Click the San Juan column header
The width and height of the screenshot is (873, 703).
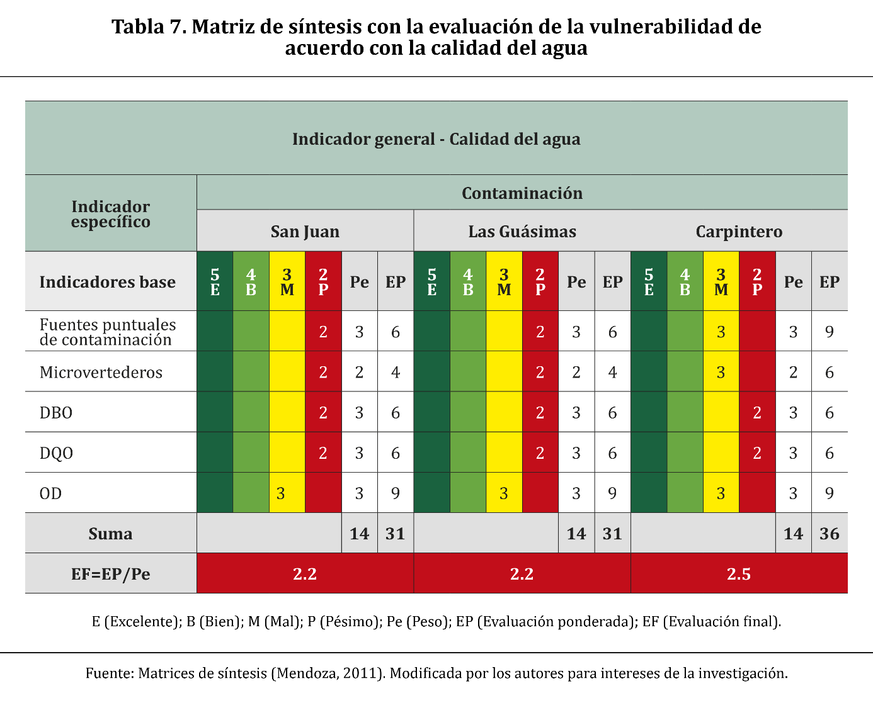click(x=305, y=232)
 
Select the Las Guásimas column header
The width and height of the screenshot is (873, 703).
click(x=522, y=232)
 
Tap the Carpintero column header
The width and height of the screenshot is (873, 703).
click(x=739, y=232)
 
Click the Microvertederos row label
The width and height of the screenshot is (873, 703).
click(x=101, y=372)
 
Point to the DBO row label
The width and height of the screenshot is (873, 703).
click(x=56, y=413)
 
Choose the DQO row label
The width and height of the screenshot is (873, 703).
click(x=57, y=453)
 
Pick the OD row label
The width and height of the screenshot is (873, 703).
click(x=51, y=493)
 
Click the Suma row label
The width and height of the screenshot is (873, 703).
click(x=110, y=534)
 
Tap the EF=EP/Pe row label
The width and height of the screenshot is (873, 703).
click(x=110, y=574)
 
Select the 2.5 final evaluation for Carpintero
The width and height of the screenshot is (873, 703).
click(x=739, y=574)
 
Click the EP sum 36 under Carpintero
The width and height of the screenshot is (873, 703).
click(x=829, y=534)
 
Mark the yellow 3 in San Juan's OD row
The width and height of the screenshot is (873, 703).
click(x=280, y=493)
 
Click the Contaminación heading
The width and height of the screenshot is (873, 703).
click(x=522, y=193)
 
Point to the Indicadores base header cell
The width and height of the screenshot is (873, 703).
click(x=108, y=282)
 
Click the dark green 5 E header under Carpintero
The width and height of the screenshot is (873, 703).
click(x=649, y=282)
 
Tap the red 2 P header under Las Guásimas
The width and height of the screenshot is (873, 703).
click(x=540, y=282)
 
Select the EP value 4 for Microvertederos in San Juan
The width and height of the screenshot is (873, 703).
click(x=396, y=372)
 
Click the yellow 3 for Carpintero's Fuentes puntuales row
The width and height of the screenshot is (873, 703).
click(x=721, y=332)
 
